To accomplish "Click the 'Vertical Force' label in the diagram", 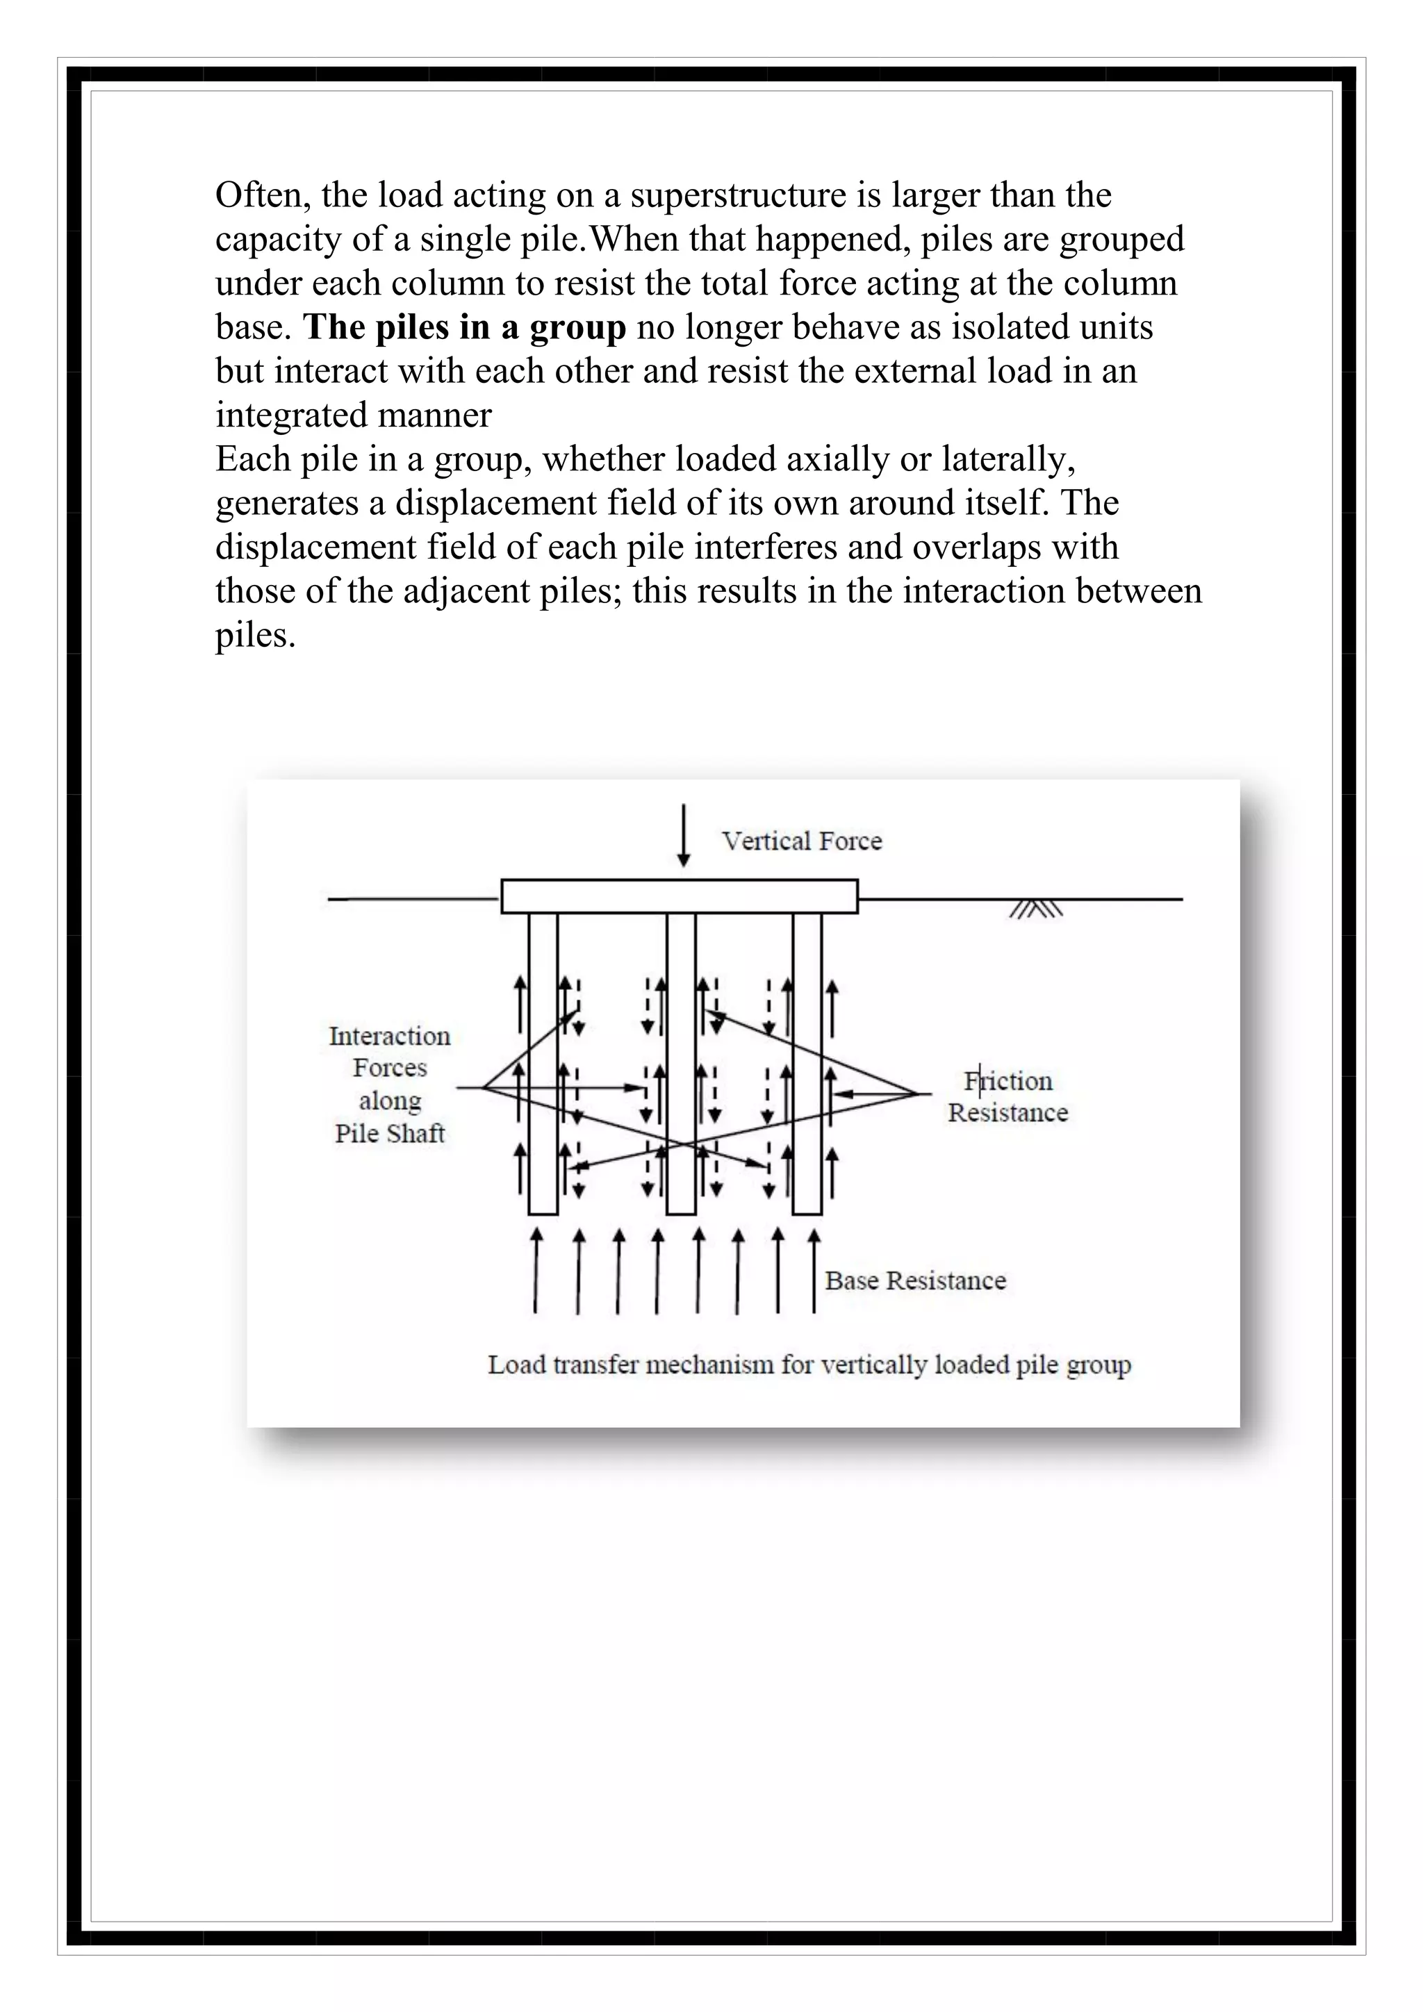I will (x=801, y=841).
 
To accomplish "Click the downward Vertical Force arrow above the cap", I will (x=684, y=837).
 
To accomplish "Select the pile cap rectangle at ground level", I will (x=679, y=896).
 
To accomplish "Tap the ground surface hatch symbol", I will (x=1036, y=909).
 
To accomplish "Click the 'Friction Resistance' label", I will (x=1007, y=1096).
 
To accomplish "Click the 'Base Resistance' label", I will (x=915, y=1280).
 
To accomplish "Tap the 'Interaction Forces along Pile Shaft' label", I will (x=390, y=1084).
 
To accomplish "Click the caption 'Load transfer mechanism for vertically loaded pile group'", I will (x=809, y=1364).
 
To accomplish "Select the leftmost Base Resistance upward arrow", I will (x=536, y=1271).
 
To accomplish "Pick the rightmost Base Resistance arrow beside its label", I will (x=814, y=1271).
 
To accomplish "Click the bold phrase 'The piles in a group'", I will (x=464, y=327).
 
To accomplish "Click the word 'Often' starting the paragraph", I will (x=262, y=195).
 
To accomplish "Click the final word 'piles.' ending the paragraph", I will (x=255, y=634).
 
